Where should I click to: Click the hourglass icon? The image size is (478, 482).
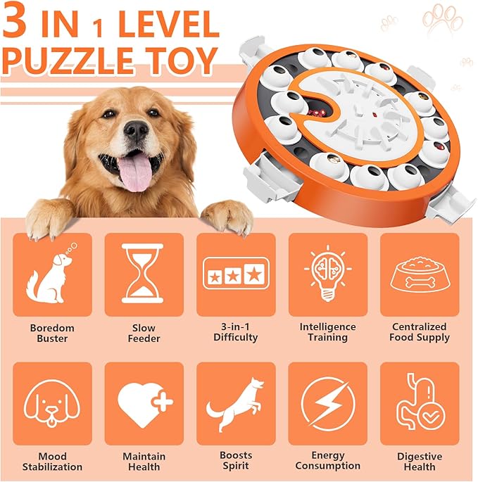click(x=143, y=274)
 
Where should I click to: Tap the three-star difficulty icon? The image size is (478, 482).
click(x=235, y=275)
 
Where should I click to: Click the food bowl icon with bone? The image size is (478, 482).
click(x=420, y=275)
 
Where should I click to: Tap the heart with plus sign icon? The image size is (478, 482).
click(x=144, y=404)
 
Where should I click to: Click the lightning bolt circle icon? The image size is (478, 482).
click(x=327, y=404)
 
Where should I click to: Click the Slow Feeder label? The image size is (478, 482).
click(x=144, y=333)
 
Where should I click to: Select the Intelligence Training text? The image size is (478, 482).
click(x=327, y=332)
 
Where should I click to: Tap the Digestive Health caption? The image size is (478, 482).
click(x=420, y=462)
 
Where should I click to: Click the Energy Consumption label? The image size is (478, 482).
click(x=327, y=462)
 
